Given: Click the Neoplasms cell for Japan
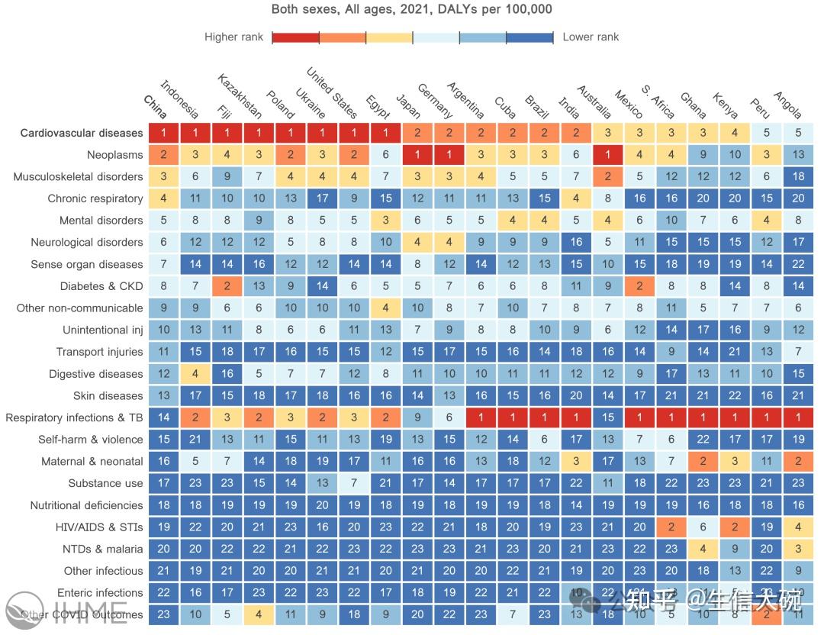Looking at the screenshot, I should (x=418, y=154).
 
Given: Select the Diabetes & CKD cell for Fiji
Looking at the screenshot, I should (x=227, y=286).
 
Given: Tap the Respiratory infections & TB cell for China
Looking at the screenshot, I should (x=164, y=417).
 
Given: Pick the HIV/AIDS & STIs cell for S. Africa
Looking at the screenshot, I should (x=671, y=527).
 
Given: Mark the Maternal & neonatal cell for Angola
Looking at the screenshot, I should (x=798, y=461).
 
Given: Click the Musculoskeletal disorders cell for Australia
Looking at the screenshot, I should (x=608, y=176).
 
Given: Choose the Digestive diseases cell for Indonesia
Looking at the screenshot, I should (x=196, y=374).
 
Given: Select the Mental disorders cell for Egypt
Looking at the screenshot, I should (x=386, y=221).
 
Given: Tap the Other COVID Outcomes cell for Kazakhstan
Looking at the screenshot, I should (x=259, y=614).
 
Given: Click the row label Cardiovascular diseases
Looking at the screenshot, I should (x=82, y=133).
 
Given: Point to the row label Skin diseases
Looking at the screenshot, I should (x=108, y=396).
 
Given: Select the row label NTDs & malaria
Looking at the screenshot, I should (x=103, y=549).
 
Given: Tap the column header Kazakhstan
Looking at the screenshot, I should (x=240, y=97).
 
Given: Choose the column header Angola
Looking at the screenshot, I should (x=788, y=105).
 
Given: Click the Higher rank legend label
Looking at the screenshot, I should (x=233, y=37).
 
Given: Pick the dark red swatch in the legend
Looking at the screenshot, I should (x=295, y=37).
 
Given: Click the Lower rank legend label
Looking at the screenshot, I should (x=591, y=37).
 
